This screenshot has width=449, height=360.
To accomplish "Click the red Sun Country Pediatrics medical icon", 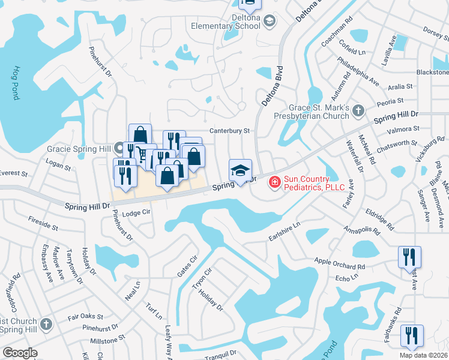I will coord(274,181).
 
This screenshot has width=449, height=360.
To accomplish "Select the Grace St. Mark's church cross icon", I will coord(358,110).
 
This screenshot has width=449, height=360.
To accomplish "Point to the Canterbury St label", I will coord(229,130).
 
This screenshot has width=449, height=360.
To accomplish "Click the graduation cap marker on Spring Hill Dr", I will coord(240,171).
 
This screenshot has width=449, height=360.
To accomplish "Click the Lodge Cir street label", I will coord(135,214).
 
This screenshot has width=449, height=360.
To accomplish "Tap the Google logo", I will coord(20,353).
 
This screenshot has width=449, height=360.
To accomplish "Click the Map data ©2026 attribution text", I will coord(424,355).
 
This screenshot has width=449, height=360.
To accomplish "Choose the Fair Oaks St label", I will coord(85,316).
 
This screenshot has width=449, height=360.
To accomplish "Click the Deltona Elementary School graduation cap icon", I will coord(270,21).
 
